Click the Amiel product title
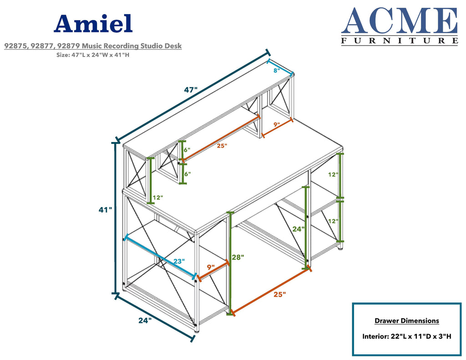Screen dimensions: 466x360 [93, 24]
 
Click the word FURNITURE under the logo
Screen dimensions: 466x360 [400, 41]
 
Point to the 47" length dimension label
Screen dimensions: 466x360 [191, 90]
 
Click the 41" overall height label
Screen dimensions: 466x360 [106, 210]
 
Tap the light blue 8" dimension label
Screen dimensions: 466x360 [277, 71]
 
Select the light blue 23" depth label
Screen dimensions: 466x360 [179, 261]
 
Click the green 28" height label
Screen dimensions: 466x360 [238, 257]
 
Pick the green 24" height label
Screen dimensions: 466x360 [299, 229]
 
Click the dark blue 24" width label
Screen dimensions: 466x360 [145, 320]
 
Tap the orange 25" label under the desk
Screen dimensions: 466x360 [280, 294]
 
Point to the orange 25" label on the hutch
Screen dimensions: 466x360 [222, 146]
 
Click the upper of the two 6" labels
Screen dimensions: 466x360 [187, 150]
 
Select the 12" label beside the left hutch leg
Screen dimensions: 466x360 [158, 198]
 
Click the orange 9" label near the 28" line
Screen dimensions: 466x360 [211, 267]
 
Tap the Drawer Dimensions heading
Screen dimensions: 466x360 [406, 321]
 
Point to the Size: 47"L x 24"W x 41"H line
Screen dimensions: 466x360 [93, 55]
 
